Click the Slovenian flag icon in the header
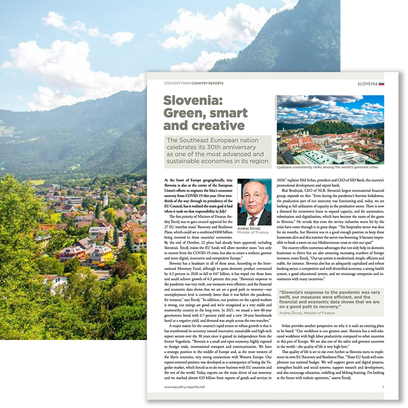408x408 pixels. (x=382, y=83)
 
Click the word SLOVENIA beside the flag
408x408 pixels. (x=368, y=83)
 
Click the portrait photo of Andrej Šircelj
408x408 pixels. (x=254, y=202)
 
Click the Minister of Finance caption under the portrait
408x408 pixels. (x=253, y=233)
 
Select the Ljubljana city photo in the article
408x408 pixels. (x=330, y=129)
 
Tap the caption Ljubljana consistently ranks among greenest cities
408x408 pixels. (x=330, y=167)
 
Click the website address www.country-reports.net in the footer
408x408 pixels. (x=185, y=387)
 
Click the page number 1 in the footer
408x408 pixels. (x=383, y=387)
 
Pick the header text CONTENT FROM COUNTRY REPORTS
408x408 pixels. (x=194, y=83)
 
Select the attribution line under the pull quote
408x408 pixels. (x=307, y=313)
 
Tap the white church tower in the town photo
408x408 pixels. (x=105, y=199)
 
